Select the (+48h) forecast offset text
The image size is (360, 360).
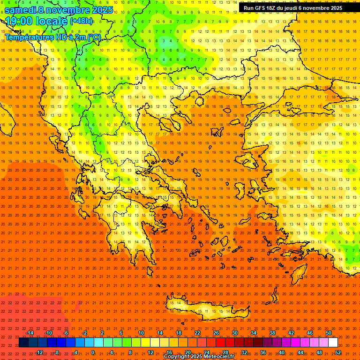coord(81,21)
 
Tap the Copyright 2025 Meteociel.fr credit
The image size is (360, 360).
coord(199,357)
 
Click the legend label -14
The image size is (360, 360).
coord(29,333)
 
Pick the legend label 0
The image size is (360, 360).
coord(92,352)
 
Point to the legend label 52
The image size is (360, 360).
coord(338,352)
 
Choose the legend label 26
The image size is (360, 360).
coord(216,333)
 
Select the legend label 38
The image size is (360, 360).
coord(272,333)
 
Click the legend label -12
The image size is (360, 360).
coord(39,352)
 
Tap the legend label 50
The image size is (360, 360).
coord(329,333)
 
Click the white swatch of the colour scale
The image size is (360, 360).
coord(333,343)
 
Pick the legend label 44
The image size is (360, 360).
coord(300,352)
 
